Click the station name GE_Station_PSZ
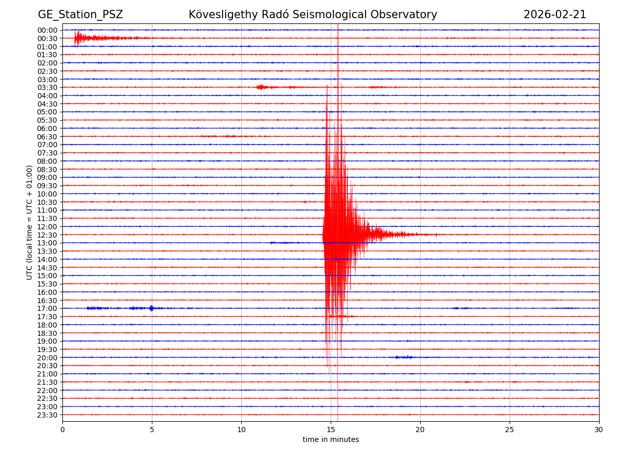click(80, 15)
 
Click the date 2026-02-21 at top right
click(554, 15)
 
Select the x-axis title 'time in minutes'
click(331, 439)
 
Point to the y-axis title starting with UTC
click(30, 222)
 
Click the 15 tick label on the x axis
click(331, 430)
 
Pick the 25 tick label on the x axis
click(510, 430)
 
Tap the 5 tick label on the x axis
click(152, 430)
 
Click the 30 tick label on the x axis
click(599, 430)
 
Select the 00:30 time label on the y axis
click(47, 38)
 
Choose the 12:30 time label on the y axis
click(47, 235)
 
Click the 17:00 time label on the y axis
click(47, 309)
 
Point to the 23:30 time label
click(47, 415)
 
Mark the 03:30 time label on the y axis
click(47, 87)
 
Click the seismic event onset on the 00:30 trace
click(76, 38)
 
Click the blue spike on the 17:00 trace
click(151, 308)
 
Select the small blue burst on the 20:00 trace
click(403, 357)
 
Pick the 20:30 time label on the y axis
click(47, 366)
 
